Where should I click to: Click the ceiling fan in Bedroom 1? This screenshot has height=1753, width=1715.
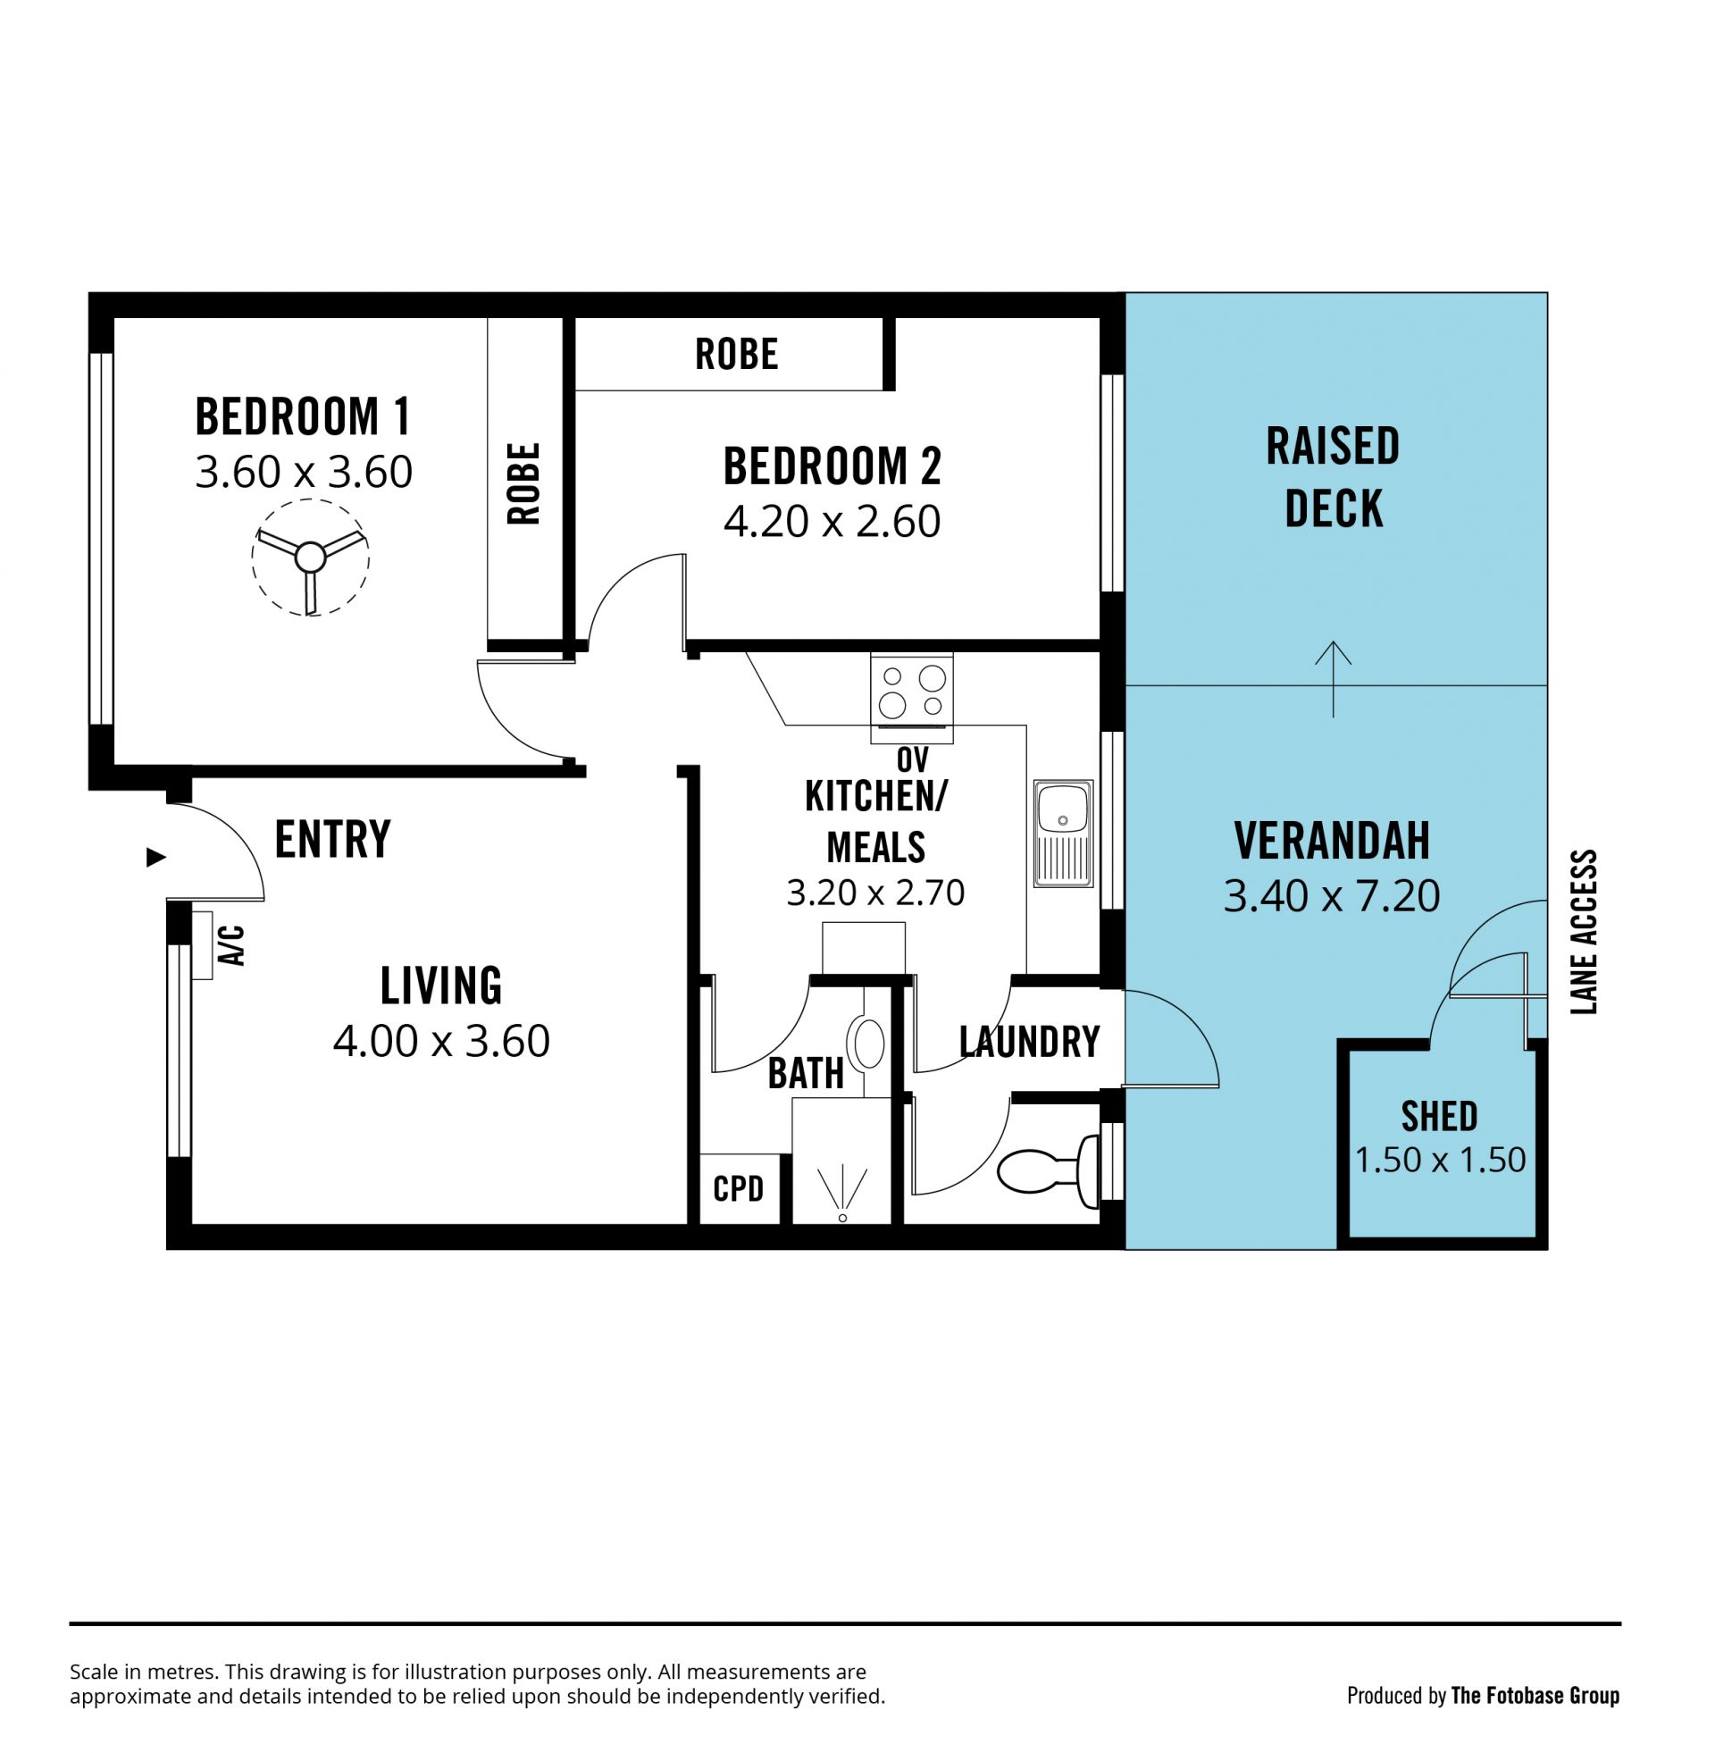click(x=311, y=558)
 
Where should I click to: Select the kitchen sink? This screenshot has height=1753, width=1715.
click(x=1063, y=834)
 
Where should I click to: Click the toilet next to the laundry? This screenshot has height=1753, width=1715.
click(x=1050, y=1171)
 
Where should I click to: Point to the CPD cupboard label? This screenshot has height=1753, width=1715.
click(x=739, y=1189)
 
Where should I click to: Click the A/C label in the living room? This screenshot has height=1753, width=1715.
click(x=232, y=945)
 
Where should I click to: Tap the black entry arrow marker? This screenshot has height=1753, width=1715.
click(x=156, y=858)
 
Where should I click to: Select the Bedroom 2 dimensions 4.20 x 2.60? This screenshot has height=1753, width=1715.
click(x=832, y=522)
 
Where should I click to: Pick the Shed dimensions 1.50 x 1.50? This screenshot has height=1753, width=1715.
click(x=1440, y=1161)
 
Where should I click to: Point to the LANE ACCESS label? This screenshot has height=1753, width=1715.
click(x=1584, y=932)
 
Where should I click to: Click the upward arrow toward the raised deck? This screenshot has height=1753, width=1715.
click(x=1333, y=679)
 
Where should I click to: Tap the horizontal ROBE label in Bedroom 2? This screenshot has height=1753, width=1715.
click(x=737, y=354)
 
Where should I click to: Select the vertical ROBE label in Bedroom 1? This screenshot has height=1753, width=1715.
click(x=523, y=483)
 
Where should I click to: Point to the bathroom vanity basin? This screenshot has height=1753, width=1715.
click(x=869, y=1044)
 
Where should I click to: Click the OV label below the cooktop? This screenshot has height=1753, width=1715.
click(x=913, y=759)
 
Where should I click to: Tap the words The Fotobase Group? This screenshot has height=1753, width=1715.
click(x=1535, y=1696)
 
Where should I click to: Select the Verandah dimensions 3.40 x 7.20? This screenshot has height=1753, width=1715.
click(x=1332, y=896)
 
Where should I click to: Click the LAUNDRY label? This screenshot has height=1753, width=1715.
click(x=1030, y=1043)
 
